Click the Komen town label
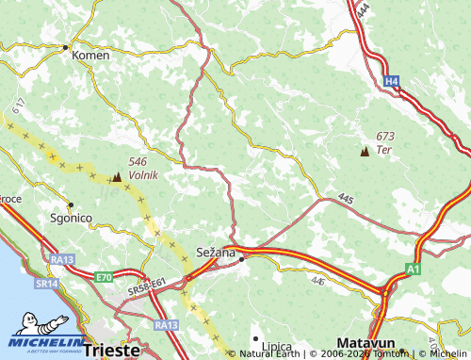click(x=91, y=56)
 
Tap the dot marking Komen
click(x=65, y=46)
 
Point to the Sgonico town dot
click(x=70, y=204)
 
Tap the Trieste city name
click(x=111, y=350)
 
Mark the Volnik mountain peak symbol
click(x=117, y=176)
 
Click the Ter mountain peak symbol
click(x=365, y=151)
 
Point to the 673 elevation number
click(x=385, y=137)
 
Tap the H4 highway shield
click(x=391, y=82)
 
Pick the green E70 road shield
click(x=103, y=277)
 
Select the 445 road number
click(x=345, y=198)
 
